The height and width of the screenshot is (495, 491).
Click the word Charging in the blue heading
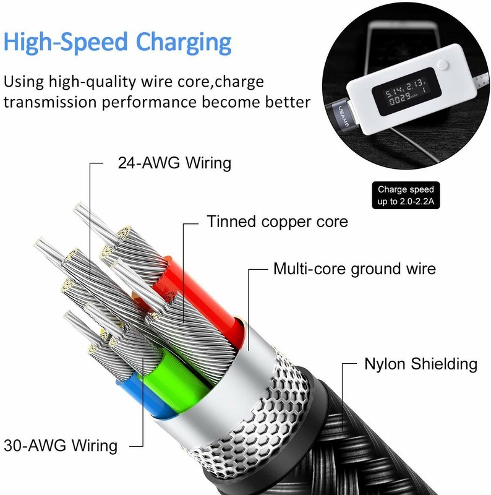pyautogui.click(x=184, y=43)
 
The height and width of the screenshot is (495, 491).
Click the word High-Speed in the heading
pyautogui.click(x=66, y=43)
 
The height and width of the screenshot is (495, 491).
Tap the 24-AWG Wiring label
pyautogui.click(x=174, y=163)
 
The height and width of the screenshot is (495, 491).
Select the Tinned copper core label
pyautogui.click(x=278, y=222)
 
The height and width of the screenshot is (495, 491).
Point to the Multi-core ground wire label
pyautogui.click(x=354, y=269)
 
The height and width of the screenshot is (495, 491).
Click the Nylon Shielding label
pyautogui.click(x=421, y=364)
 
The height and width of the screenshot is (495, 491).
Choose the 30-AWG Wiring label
pyautogui.click(x=61, y=445)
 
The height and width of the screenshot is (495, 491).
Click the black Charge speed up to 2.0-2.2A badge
pyautogui.click(x=406, y=195)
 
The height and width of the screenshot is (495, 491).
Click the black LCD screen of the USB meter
pyautogui.click(x=406, y=92)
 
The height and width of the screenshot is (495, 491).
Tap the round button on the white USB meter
pyautogui.click(x=443, y=65)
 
